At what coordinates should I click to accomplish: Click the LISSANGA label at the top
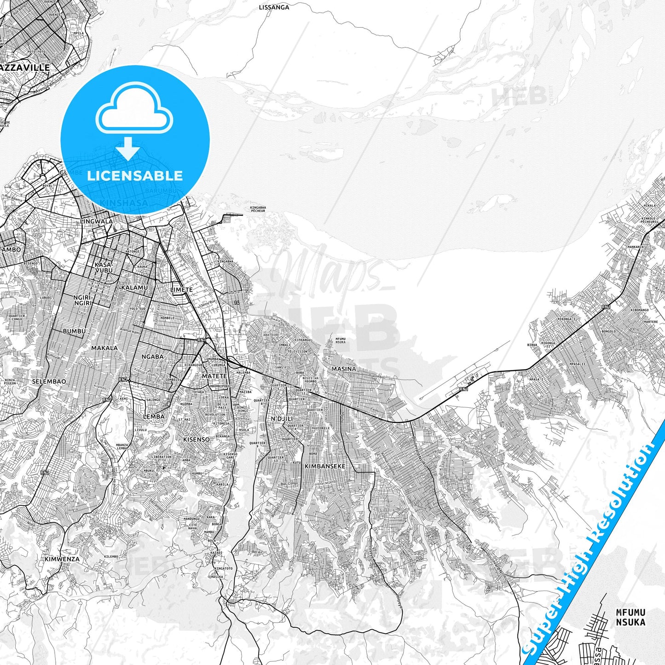point(274,7)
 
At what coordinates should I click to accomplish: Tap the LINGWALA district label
point(96,221)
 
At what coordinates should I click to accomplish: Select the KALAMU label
point(134,288)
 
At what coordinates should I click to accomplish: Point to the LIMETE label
point(181,289)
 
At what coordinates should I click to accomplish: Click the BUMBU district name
point(74,331)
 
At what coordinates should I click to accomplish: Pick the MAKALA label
point(104,348)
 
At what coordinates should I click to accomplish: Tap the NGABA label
point(152,357)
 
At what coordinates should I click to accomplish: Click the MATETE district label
point(214,376)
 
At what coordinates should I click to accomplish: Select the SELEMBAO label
point(49,382)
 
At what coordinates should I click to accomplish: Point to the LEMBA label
point(154,416)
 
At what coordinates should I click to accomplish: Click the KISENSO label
point(197,439)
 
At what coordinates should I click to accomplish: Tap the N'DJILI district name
point(282,419)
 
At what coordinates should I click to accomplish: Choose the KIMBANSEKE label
point(325,466)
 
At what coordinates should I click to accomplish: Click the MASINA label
point(343,369)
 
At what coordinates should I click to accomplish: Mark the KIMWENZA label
point(62,559)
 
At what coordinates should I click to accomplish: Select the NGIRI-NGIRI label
point(83,300)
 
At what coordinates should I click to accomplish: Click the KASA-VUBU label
point(103,268)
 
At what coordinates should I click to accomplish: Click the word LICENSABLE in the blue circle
point(135,176)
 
